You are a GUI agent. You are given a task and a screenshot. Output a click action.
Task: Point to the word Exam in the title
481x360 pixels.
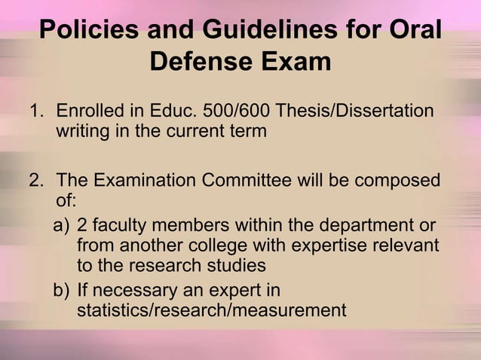297,61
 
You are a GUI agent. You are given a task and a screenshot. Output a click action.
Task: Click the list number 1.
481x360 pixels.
35,112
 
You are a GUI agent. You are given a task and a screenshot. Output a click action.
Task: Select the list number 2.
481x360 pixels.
35,182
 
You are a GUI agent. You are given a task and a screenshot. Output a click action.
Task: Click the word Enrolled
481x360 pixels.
91,112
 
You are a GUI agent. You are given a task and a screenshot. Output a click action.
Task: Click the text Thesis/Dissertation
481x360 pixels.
355,112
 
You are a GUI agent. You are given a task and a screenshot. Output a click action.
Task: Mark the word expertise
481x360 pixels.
358,246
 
